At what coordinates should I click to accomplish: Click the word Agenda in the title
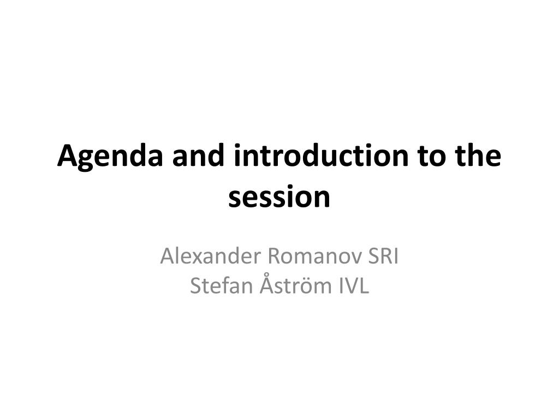click(x=110, y=157)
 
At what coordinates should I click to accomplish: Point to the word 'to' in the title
click(x=432, y=157)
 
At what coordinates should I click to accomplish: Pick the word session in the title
click(x=279, y=197)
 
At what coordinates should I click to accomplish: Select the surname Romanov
click(x=315, y=256)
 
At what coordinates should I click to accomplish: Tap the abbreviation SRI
click(x=383, y=256)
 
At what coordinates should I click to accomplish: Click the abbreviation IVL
click(x=354, y=285)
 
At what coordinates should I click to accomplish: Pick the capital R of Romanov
click(x=275, y=256)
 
